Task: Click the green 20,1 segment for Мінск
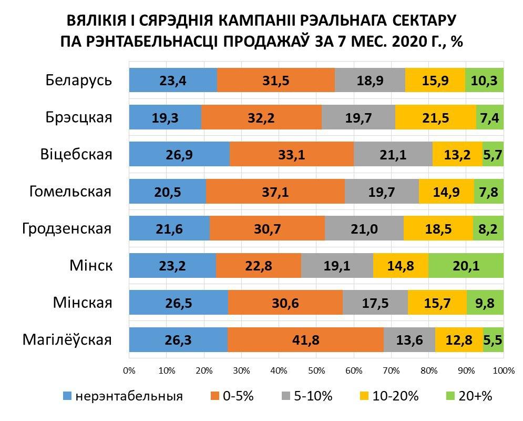point(466,266)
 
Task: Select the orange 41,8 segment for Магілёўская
point(305,339)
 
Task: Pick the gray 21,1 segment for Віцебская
point(393,155)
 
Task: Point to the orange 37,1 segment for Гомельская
point(275,192)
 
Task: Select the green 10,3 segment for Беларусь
point(484,81)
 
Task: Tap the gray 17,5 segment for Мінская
point(374,303)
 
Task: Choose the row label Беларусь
point(79,81)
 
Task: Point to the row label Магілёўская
point(67,339)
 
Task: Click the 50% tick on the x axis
point(316,370)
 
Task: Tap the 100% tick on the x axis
point(504,370)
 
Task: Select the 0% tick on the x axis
point(129,370)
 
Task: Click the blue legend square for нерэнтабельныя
point(67,396)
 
